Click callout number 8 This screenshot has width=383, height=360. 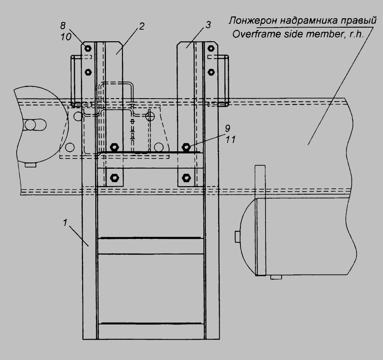pos(63,25)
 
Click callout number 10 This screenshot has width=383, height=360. pos(66,37)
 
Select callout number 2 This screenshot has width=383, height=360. pos(142,26)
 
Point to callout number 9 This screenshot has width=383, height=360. pos(227,128)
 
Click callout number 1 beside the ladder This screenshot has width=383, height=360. pos(65,223)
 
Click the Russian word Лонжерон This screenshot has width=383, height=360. pos(253,21)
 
